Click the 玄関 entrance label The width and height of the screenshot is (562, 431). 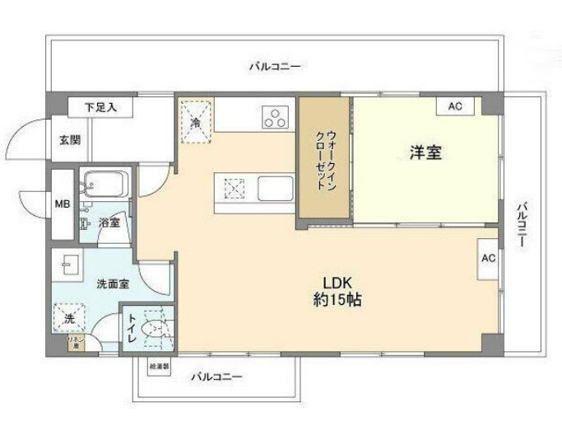[69, 139]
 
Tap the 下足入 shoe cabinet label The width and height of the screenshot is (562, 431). [104, 106]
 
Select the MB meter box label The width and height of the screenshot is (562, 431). [62, 204]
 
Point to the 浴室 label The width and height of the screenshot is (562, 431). [109, 223]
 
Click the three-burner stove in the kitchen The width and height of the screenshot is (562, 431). [276, 118]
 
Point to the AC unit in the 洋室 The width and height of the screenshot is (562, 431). [455, 106]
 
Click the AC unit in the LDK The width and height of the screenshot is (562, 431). [488, 257]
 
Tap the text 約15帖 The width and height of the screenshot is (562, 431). [337, 300]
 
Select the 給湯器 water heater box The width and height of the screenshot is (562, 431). [159, 365]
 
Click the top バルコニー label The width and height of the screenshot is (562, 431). [275, 66]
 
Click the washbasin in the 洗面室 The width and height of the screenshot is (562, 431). [68, 266]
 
